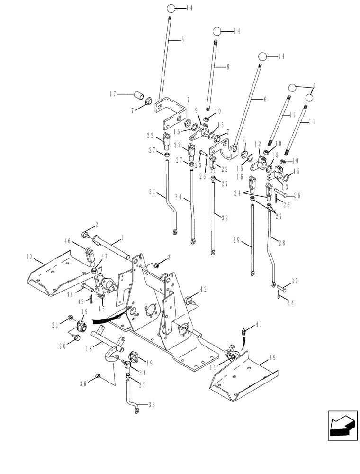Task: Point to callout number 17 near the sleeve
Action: [113, 94]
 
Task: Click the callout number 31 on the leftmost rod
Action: [153, 192]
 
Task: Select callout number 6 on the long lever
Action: [265, 99]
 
